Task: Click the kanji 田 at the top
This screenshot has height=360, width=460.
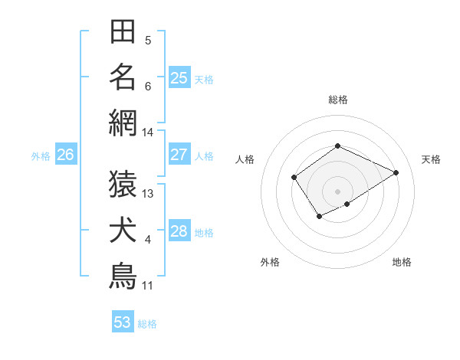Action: click(x=123, y=34)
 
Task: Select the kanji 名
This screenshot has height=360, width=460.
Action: click(x=123, y=77)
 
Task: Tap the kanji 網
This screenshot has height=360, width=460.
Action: click(x=123, y=122)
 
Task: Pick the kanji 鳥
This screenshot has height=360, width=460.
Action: click(x=123, y=276)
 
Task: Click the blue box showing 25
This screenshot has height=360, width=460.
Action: click(x=179, y=78)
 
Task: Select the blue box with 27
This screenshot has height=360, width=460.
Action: click(x=179, y=155)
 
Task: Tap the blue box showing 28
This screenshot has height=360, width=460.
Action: click(x=179, y=231)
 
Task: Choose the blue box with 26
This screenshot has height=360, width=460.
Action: click(x=65, y=155)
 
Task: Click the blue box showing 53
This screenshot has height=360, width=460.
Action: click(x=123, y=322)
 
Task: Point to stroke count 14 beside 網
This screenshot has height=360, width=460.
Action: click(x=148, y=133)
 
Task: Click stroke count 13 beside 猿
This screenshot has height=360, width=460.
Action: click(x=148, y=194)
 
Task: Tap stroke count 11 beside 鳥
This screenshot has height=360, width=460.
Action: click(x=148, y=286)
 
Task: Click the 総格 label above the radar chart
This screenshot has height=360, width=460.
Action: click(x=338, y=100)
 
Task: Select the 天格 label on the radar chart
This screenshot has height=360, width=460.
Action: click(x=431, y=159)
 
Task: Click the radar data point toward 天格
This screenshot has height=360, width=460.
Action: click(x=396, y=172)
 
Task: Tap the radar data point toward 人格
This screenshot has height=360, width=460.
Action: click(x=294, y=178)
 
